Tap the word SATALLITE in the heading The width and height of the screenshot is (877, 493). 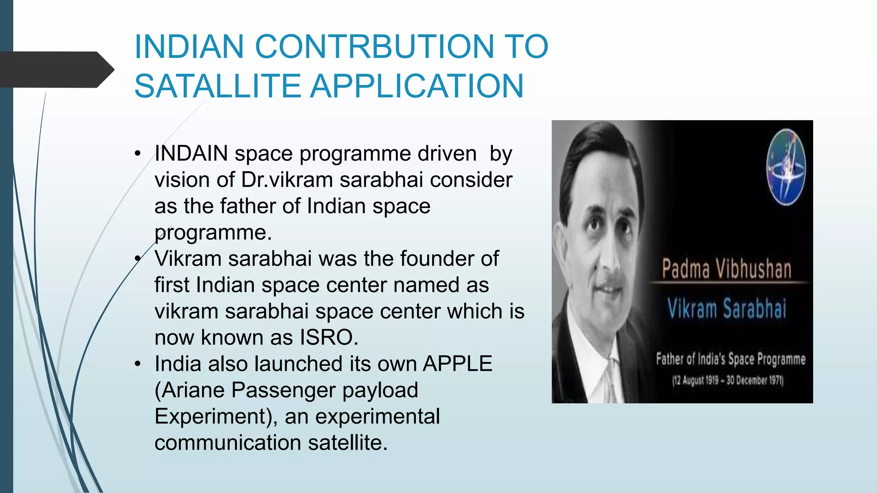218,86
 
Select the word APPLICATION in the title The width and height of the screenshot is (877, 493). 417,86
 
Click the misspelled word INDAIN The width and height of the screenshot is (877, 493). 191,153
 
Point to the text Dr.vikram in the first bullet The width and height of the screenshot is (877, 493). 286,180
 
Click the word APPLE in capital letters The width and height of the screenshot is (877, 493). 457,364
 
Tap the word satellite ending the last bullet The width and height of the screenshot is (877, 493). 347,443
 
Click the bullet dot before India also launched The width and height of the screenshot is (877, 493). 137,364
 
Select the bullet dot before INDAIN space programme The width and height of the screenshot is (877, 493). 137,154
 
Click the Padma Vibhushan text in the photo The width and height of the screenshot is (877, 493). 726,269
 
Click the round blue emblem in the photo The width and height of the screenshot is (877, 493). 785,167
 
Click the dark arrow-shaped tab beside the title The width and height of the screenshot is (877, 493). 56,69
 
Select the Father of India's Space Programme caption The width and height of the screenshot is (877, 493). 730,359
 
